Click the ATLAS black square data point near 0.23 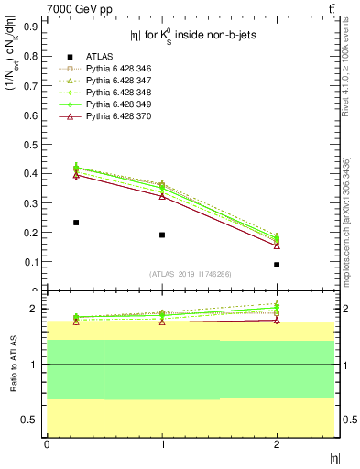pyautogui.click(x=76, y=223)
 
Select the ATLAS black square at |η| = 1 pyautogui.click(x=162, y=234)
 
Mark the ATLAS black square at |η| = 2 pyautogui.click(x=277, y=265)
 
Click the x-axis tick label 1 pyautogui.click(x=162, y=444)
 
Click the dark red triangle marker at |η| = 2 pyautogui.click(x=277, y=245)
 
